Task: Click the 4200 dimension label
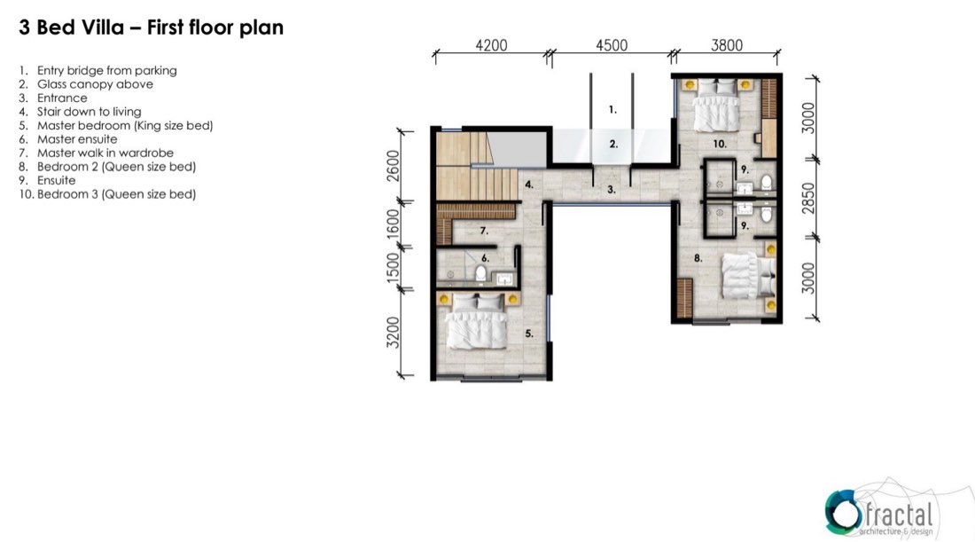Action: [x=491, y=45]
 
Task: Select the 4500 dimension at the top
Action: [x=612, y=45]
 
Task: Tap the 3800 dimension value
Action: [x=727, y=45]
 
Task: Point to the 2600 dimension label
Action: [x=393, y=166]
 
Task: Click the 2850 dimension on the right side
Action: [x=807, y=199]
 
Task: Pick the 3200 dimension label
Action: [x=393, y=333]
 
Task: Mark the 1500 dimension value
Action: [x=393, y=268]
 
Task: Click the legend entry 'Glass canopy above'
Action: [x=95, y=84]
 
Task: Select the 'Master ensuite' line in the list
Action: [x=77, y=138]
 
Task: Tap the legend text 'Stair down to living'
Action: [x=89, y=112]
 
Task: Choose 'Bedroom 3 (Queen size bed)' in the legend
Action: [x=116, y=194]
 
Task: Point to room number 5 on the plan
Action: [x=528, y=334]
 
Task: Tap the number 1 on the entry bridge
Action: [x=612, y=109]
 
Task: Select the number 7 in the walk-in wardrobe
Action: [x=484, y=231]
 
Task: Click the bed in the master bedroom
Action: [x=478, y=321]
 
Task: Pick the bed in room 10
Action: [x=718, y=106]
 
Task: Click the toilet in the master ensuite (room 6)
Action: [x=480, y=272]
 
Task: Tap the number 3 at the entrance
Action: [x=612, y=189]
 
